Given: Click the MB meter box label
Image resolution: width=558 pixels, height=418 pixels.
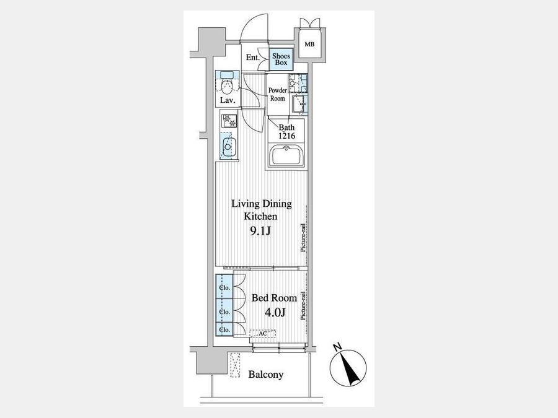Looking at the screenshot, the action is point(309,45).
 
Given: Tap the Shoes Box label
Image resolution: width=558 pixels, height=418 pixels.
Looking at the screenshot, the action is point(281,59).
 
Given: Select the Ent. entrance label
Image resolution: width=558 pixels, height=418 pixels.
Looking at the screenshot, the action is point(253,57).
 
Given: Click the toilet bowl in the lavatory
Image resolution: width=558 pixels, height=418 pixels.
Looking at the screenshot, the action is point(226,87).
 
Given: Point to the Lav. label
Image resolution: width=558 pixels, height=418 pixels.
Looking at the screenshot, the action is point(228,100).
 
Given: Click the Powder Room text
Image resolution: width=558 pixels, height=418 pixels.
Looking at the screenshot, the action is point(278,94).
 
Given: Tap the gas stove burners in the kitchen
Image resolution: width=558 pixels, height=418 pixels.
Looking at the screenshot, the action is point(229,121).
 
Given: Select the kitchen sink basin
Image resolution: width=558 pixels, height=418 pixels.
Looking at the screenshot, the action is point(227,146).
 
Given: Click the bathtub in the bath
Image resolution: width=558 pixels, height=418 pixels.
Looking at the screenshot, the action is point(286,155).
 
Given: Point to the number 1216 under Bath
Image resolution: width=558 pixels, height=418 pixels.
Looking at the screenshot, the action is point(287,136).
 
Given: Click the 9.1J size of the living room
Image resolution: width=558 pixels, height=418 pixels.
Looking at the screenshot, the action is point(260,232).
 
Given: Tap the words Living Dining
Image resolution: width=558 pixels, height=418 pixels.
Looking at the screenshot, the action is point(262,204).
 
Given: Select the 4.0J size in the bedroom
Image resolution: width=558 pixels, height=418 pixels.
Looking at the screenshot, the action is point(275,313).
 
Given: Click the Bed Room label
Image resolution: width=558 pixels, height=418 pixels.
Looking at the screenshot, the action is point(274,298).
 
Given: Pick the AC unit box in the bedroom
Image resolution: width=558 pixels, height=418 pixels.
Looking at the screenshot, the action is point(263,334).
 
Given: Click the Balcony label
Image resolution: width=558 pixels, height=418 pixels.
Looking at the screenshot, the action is point(266,375).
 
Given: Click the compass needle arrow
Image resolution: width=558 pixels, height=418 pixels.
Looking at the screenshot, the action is point(349,368).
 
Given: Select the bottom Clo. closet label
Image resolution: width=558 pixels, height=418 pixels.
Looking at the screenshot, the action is point(224,330).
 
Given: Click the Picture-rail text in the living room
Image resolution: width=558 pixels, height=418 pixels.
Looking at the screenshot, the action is point(303,238).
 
